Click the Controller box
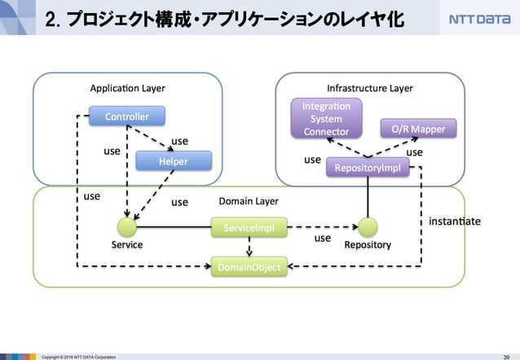pos(126,117)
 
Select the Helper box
pos(173,161)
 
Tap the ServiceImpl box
pos(249,230)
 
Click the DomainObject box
pos(249,266)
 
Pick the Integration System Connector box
pos(326,119)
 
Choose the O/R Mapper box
pos(419,129)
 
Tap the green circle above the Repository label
pos(368,227)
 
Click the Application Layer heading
pos(126,88)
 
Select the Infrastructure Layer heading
pos(369,88)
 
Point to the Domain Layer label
pos(249,200)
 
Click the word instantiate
pos(454,221)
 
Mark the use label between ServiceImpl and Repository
pos(323,239)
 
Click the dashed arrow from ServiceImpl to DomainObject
pos(249,248)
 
